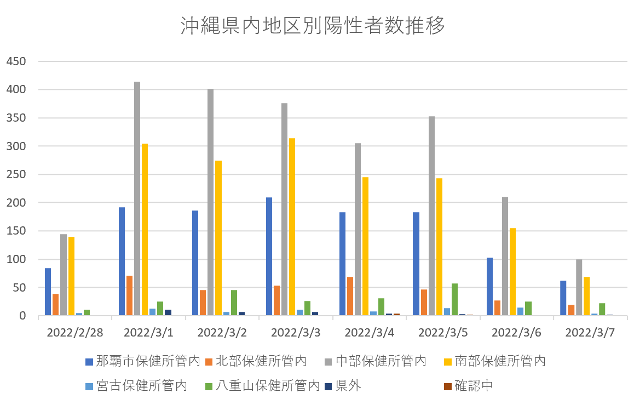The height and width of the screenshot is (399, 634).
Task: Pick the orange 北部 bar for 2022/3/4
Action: tap(350, 297)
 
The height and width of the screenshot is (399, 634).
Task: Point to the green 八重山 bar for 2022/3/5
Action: tap(454, 300)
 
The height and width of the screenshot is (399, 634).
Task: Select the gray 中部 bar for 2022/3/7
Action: tap(579, 287)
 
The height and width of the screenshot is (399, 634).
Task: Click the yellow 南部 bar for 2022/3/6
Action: tap(513, 272)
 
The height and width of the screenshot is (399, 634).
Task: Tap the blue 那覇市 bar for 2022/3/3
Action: tap(269, 256)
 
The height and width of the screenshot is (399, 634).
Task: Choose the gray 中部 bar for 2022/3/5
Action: tap(431, 216)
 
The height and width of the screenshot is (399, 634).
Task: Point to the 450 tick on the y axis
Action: tap(16, 61)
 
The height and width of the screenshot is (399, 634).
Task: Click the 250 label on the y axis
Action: tap(16, 174)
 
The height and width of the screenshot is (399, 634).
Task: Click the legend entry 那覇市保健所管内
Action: tap(142, 361)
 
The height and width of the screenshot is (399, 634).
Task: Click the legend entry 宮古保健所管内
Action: tap(137, 385)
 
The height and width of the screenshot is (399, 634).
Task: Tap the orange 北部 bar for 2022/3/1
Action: tap(129, 296)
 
